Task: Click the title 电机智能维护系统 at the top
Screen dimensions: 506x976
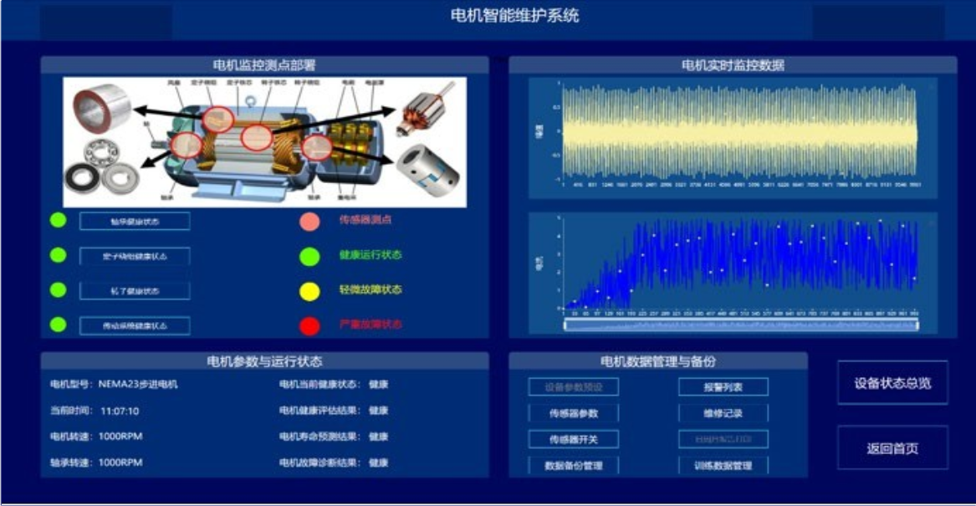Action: click(x=514, y=15)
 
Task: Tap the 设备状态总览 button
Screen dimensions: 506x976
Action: click(x=892, y=383)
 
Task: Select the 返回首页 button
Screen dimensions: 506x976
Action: click(x=892, y=448)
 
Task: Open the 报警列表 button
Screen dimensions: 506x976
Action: click(x=723, y=387)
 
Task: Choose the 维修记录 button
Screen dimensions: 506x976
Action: click(x=723, y=413)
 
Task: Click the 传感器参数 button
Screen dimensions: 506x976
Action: click(x=573, y=413)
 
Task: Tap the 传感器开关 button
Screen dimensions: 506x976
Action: click(x=573, y=439)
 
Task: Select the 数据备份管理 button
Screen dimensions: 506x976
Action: click(x=573, y=465)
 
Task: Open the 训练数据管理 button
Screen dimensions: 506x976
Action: click(x=723, y=465)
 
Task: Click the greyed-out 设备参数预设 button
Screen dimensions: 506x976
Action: click(x=573, y=387)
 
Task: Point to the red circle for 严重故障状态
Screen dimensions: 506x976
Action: click(x=309, y=325)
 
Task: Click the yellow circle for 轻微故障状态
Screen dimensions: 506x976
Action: click(x=309, y=291)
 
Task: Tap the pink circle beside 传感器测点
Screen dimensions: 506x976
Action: click(x=309, y=222)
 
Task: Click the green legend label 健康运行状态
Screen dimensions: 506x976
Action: click(x=370, y=255)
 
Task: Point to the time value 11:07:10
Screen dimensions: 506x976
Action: click(x=120, y=411)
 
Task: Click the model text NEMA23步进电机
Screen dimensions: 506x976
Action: click(x=138, y=385)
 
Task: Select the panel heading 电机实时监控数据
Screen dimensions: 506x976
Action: click(x=733, y=65)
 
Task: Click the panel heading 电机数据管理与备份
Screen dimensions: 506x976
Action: click(x=658, y=362)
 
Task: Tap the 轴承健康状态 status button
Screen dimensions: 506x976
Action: click(x=135, y=222)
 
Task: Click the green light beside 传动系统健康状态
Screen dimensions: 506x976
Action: click(x=58, y=325)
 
